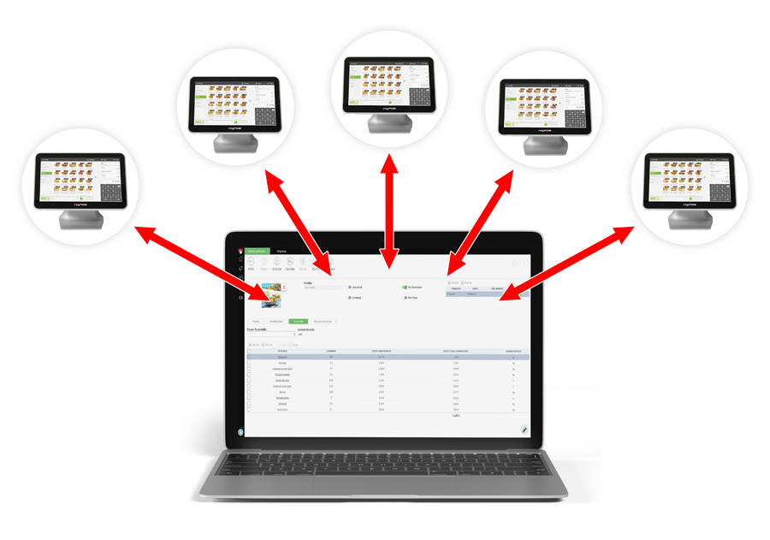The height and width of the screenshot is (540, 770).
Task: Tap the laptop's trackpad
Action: tap(385, 490)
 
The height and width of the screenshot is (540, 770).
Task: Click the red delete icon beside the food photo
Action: tap(284, 286)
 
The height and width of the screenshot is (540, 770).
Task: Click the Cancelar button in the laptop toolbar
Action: tap(290, 264)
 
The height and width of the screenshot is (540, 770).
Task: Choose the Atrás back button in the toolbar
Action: tap(252, 264)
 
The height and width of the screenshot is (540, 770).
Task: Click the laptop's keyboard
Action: tap(385, 465)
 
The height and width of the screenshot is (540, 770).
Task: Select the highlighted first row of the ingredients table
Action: tap(389, 356)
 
